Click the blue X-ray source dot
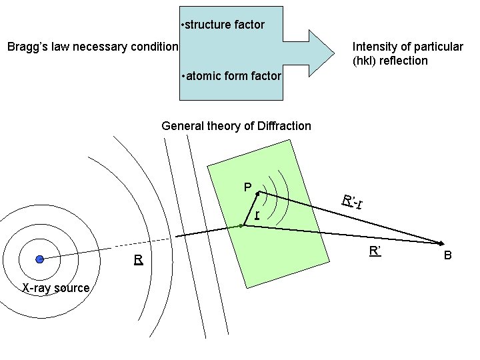pyautogui.click(x=40, y=259)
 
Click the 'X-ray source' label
pyautogui.click(x=56, y=288)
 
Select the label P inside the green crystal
pyautogui.click(x=247, y=187)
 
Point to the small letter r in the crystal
pyautogui.click(x=257, y=214)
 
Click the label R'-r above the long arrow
pyautogui.click(x=352, y=200)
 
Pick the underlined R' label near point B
pyautogui.click(x=375, y=251)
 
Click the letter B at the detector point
pyautogui.click(x=448, y=255)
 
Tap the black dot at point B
pyautogui.click(x=441, y=243)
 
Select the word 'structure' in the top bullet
pyautogui.click(x=207, y=25)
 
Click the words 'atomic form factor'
pyautogui.click(x=233, y=76)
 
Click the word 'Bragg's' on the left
pyautogui.click(x=27, y=47)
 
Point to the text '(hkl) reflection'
pyautogui.click(x=390, y=61)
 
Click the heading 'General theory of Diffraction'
pyautogui.click(x=236, y=125)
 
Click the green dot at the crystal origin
pyautogui.click(x=242, y=226)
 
